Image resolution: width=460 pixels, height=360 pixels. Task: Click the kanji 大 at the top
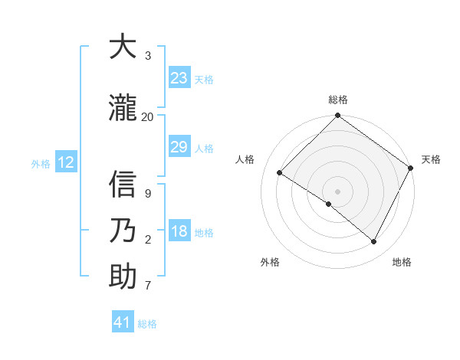tap(123, 47)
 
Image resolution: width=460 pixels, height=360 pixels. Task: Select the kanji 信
tap(123, 185)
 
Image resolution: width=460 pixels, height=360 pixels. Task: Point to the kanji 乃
tap(123, 230)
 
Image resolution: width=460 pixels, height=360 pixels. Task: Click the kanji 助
tap(123, 277)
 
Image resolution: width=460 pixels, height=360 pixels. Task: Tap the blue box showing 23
tap(179, 78)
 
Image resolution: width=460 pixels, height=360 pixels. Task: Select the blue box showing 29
tap(179, 148)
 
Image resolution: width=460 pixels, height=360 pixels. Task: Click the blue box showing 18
tap(179, 232)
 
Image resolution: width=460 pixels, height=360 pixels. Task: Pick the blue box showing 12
tap(66, 162)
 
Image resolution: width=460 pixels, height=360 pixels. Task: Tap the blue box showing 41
tap(123, 322)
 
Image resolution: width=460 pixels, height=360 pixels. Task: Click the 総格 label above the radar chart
tap(338, 100)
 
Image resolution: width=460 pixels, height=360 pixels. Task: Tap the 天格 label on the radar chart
tap(431, 159)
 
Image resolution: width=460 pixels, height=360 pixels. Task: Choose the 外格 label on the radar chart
tap(270, 263)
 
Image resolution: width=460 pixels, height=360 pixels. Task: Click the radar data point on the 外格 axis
tap(329, 204)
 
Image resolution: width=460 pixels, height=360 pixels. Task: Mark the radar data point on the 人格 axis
tap(280, 172)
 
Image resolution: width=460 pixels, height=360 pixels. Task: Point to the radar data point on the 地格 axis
tap(374, 242)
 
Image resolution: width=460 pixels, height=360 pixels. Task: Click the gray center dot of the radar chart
tap(338, 191)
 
